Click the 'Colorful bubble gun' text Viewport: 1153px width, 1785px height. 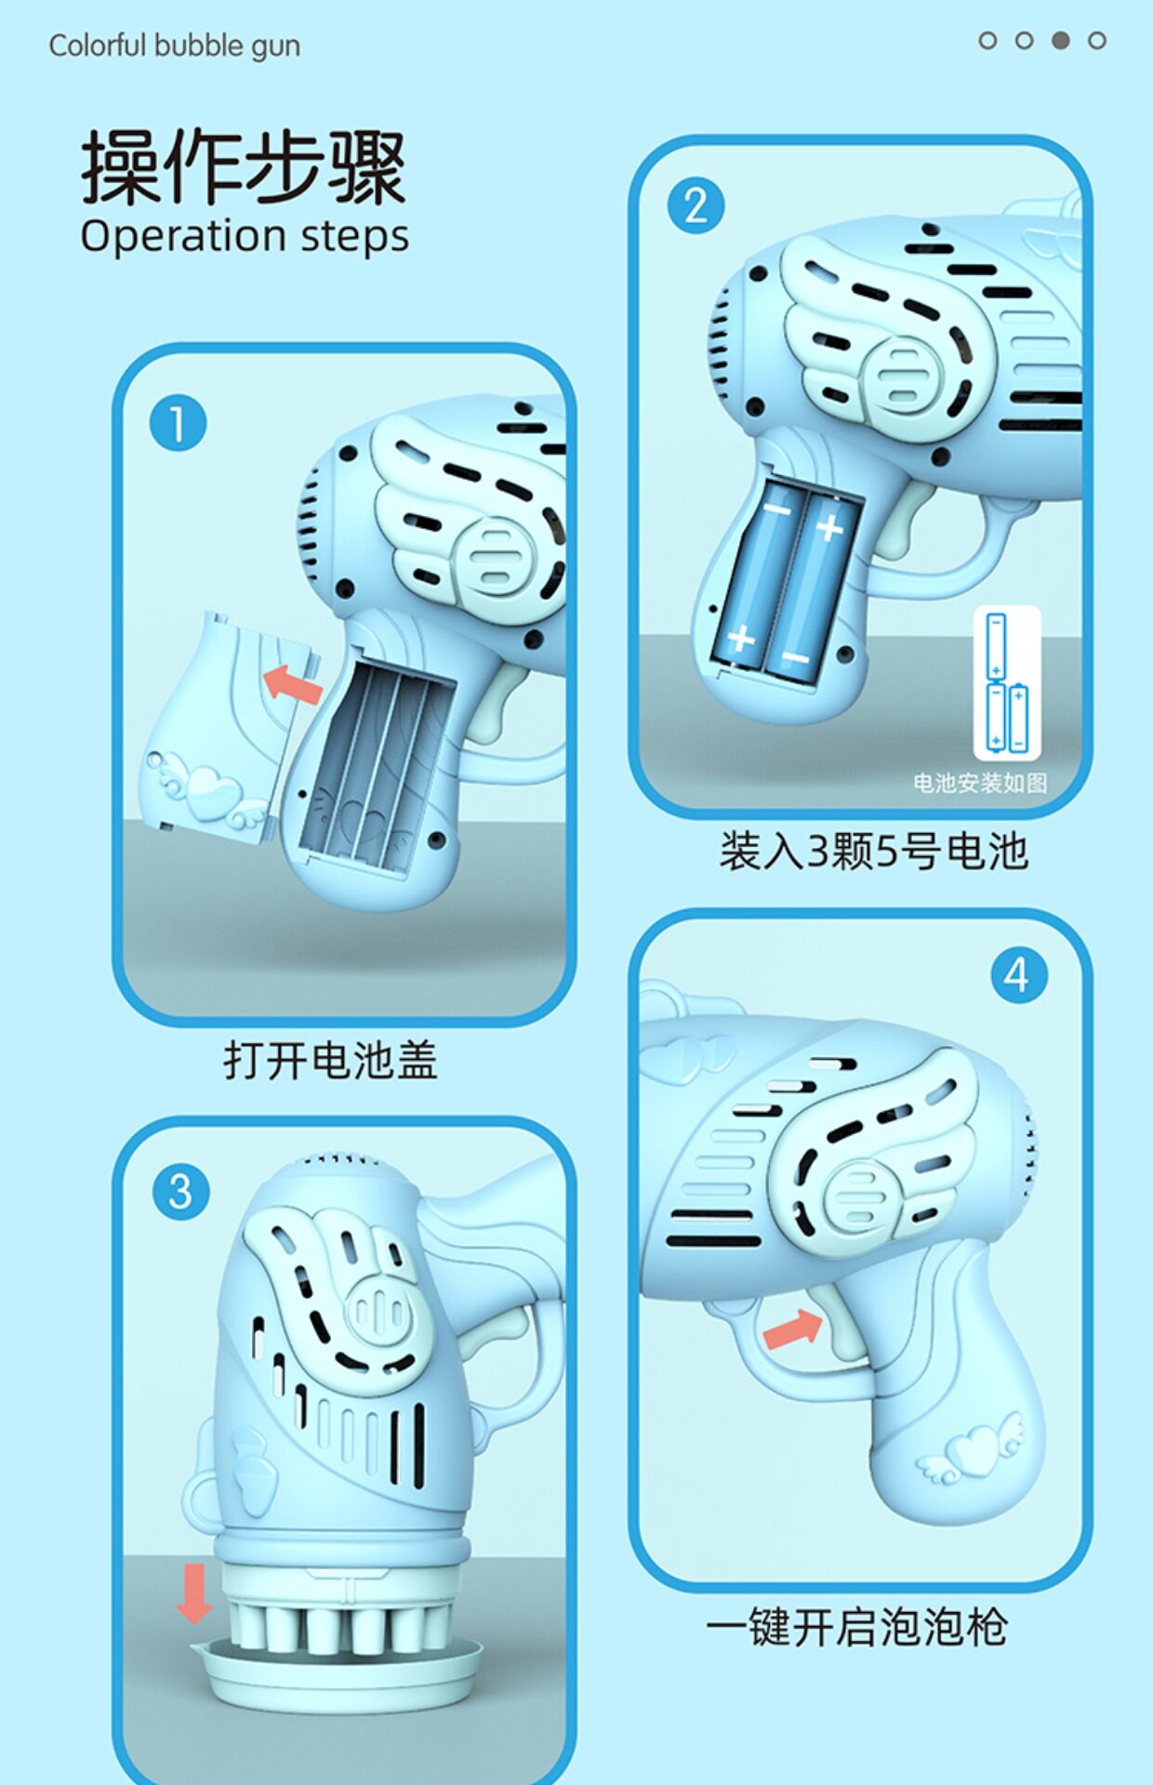(x=175, y=46)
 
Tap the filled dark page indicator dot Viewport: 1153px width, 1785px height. (x=1060, y=40)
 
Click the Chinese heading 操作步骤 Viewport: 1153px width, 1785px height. (x=244, y=167)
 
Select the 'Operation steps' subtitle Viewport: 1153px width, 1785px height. (x=245, y=236)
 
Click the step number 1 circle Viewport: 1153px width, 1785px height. (x=178, y=424)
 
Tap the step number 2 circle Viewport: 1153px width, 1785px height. (x=696, y=205)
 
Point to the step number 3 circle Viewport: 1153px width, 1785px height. (x=180, y=1192)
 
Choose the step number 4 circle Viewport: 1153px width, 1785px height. (x=1019, y=975)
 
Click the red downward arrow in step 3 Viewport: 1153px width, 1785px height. (x=194, y=1593)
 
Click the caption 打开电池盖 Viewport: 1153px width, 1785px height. (x=330, y=1060)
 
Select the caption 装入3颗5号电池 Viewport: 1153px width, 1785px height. (x=873, y=851)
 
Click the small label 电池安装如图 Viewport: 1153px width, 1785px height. (x=980, y=783)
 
